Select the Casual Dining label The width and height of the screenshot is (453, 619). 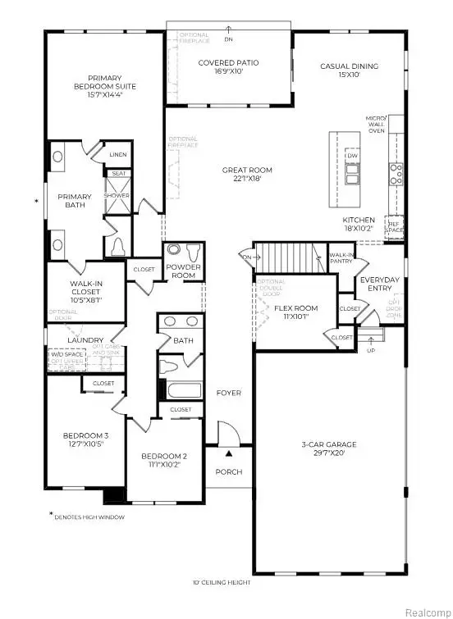[x=350, y=70]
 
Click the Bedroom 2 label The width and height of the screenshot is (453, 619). [x=164, y=461]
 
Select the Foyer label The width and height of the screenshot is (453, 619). [x=229, y=393]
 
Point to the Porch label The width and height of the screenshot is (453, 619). [x=229, y=471]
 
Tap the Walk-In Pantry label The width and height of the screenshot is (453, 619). [x=341, y=259]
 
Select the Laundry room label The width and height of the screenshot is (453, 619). [x=86, y=340]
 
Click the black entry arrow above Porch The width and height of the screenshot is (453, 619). [x=229, y=453]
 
